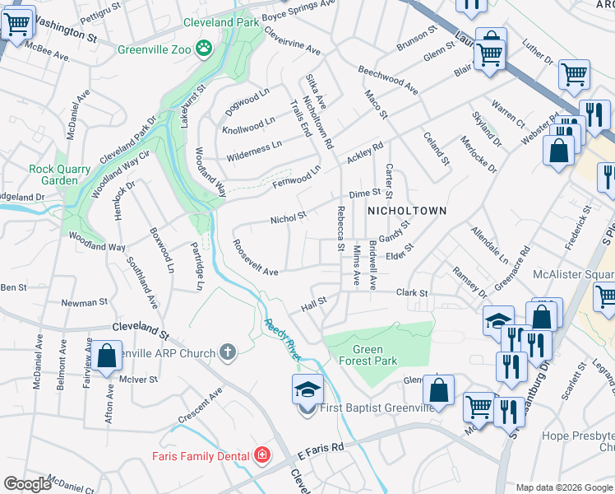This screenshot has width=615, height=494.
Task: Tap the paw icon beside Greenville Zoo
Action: (202, 48)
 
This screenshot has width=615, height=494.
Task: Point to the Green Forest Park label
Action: (369, 354)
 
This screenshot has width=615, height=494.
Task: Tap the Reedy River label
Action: (280, 338)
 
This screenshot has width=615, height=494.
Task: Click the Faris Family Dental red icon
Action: (262, 454)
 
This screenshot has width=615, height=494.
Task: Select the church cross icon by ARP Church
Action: (229, 352)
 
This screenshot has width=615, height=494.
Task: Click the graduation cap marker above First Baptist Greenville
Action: (307, 389)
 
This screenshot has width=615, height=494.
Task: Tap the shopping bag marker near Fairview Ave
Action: (108, 357)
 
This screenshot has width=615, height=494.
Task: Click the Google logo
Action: (27, 484)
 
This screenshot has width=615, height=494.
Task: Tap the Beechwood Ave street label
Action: (387, 80)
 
